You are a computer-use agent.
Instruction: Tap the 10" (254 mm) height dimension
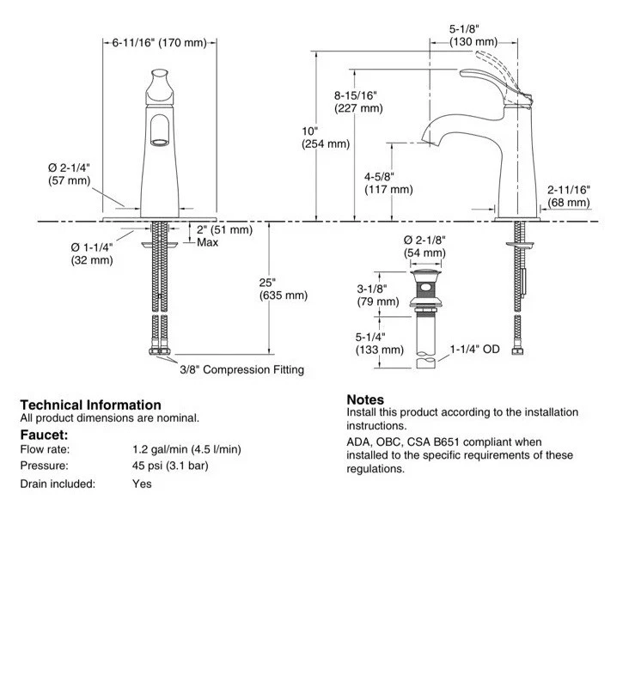326,137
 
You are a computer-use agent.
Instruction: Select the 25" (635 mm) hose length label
283,289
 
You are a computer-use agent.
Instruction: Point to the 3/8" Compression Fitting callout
241,370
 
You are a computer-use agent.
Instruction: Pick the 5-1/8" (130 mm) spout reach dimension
473,34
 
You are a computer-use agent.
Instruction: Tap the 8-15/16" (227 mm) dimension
359,101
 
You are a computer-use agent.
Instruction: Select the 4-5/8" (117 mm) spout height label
388,182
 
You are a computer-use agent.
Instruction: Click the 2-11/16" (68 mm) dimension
568,196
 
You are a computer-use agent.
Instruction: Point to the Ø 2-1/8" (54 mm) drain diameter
424,247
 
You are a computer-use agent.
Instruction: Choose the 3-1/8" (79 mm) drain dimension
378,295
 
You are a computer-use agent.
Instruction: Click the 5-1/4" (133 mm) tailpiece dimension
379,343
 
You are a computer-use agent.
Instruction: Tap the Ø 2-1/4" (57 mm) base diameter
69,174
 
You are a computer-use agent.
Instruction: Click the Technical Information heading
90,405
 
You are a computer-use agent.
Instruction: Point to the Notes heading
365,399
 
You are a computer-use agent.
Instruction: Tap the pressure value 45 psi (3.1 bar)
170,466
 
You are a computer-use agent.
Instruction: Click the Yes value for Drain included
142,484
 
